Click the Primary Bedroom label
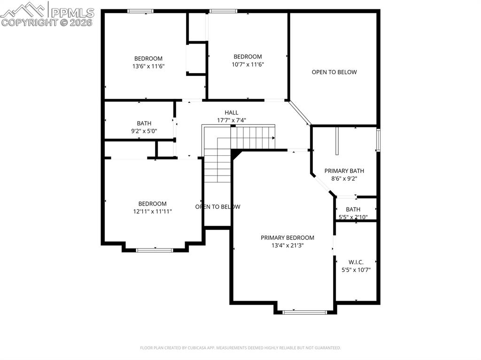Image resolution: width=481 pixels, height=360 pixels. coord(287,237)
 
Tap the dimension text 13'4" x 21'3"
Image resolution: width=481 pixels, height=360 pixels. coord(287,245)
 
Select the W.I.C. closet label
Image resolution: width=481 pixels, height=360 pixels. coord(356,262)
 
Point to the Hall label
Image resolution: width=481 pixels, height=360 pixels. coord(231,113)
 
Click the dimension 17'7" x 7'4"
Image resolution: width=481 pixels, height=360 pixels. coord(231,120)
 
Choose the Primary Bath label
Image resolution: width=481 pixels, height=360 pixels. coord(344,171)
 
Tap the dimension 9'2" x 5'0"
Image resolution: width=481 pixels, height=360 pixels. coord(144,131)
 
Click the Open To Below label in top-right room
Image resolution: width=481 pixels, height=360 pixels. coord(334,72)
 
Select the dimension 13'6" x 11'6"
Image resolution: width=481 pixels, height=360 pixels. coord(148,66)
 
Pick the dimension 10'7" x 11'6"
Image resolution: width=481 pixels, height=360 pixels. coord(248,64)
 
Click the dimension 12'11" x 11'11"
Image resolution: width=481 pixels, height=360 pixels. coord(152,211)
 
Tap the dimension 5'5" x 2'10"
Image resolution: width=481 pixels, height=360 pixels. coord(353,217)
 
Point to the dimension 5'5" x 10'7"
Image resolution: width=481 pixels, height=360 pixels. coord(356,270)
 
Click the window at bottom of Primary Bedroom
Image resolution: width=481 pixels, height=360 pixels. coord(305,311)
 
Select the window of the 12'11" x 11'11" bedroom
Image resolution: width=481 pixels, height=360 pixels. coord(155,250)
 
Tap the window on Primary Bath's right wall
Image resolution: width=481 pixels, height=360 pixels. coord(378,140)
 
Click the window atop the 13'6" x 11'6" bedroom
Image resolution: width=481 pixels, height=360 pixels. coord(140,11)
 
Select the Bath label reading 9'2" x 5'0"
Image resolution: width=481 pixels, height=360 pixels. coord(144,123)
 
